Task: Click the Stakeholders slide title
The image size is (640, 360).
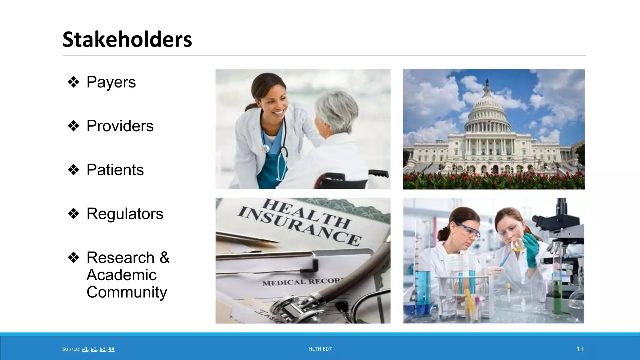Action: click(127, 40)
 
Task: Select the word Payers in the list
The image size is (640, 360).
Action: click(111, 82)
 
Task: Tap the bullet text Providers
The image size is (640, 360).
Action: click(120, 126)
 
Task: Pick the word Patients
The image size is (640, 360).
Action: click(115, 170)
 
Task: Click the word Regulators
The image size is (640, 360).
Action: click(125, 214)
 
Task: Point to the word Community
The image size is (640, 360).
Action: click(127, 292)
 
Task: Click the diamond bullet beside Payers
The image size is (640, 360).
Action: click(73, 82)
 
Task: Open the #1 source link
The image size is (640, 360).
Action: click(85, 349)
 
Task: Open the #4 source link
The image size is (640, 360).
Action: click(111, 349)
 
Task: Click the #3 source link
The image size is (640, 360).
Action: click(102, 349)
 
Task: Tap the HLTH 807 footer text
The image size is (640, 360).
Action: click(320, 349)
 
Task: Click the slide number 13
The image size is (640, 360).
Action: click(580, 349)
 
